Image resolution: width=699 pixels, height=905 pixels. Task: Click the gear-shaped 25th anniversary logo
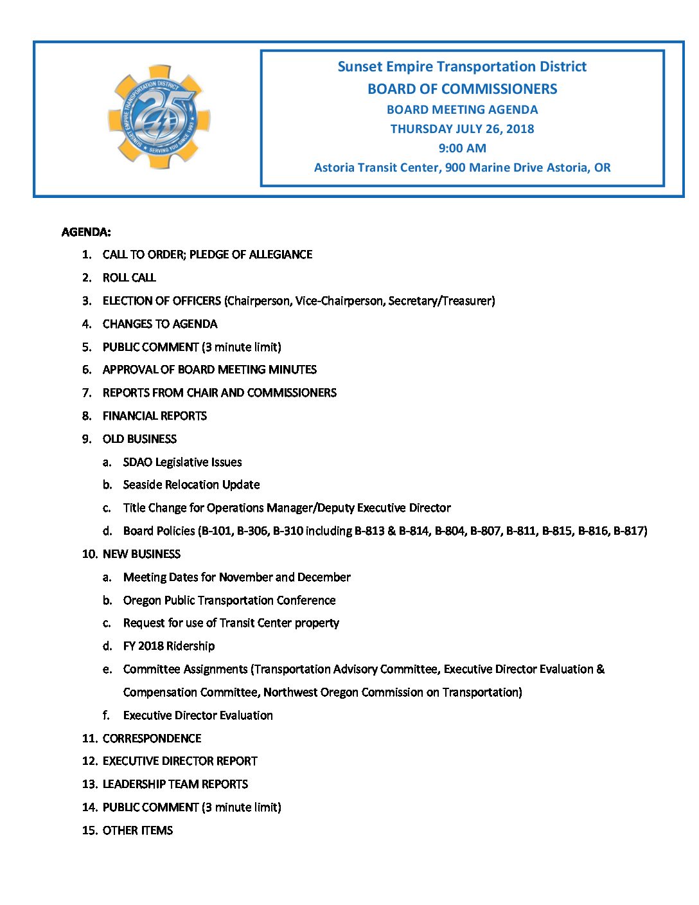point(159,117)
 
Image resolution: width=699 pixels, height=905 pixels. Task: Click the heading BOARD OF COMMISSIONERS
point(462,89)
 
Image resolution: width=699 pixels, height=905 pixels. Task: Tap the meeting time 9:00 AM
point(462,148)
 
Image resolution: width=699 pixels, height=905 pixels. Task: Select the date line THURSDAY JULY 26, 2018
point(462,129)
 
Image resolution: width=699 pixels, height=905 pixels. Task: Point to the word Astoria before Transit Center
point(334,168)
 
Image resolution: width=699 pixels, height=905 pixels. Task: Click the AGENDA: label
point(86,232)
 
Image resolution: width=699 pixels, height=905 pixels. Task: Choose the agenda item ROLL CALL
point(129,278)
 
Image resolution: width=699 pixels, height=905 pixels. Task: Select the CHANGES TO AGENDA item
point(160,324)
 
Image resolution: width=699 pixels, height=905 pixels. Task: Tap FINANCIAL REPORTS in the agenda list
point(155,416)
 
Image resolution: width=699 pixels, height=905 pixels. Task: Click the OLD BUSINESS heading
point(139,439)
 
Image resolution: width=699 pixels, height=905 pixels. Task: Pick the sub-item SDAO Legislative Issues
point(182,462)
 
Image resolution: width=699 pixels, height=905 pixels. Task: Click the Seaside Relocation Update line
point(191,485)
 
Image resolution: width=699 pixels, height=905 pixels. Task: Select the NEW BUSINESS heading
point(141,554)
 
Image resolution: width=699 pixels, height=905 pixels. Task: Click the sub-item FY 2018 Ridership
point(169,646)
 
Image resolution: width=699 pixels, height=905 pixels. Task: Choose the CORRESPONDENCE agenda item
point(152,739)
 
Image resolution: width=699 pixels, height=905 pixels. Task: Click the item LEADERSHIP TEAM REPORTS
point(175,784)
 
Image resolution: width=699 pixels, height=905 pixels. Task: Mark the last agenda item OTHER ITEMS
point(137,830)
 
